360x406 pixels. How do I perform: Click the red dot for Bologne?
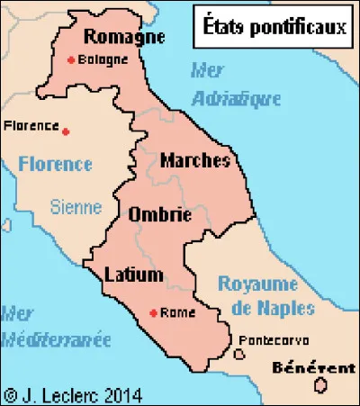tap(71, 61)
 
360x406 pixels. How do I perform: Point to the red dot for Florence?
tap(66, 131)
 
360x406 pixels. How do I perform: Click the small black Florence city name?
tap(31, 125)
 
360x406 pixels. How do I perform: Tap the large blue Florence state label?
tap(54, 164)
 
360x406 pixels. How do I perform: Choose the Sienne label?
tap(76, 207)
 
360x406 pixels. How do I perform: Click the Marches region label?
tap(194, 160)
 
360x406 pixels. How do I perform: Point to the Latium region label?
tap(132, 273)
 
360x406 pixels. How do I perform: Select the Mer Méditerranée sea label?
tap(54, 328)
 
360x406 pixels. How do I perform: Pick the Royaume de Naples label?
tap(266, 296)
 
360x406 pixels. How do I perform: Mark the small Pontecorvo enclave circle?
tap(238, 354)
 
